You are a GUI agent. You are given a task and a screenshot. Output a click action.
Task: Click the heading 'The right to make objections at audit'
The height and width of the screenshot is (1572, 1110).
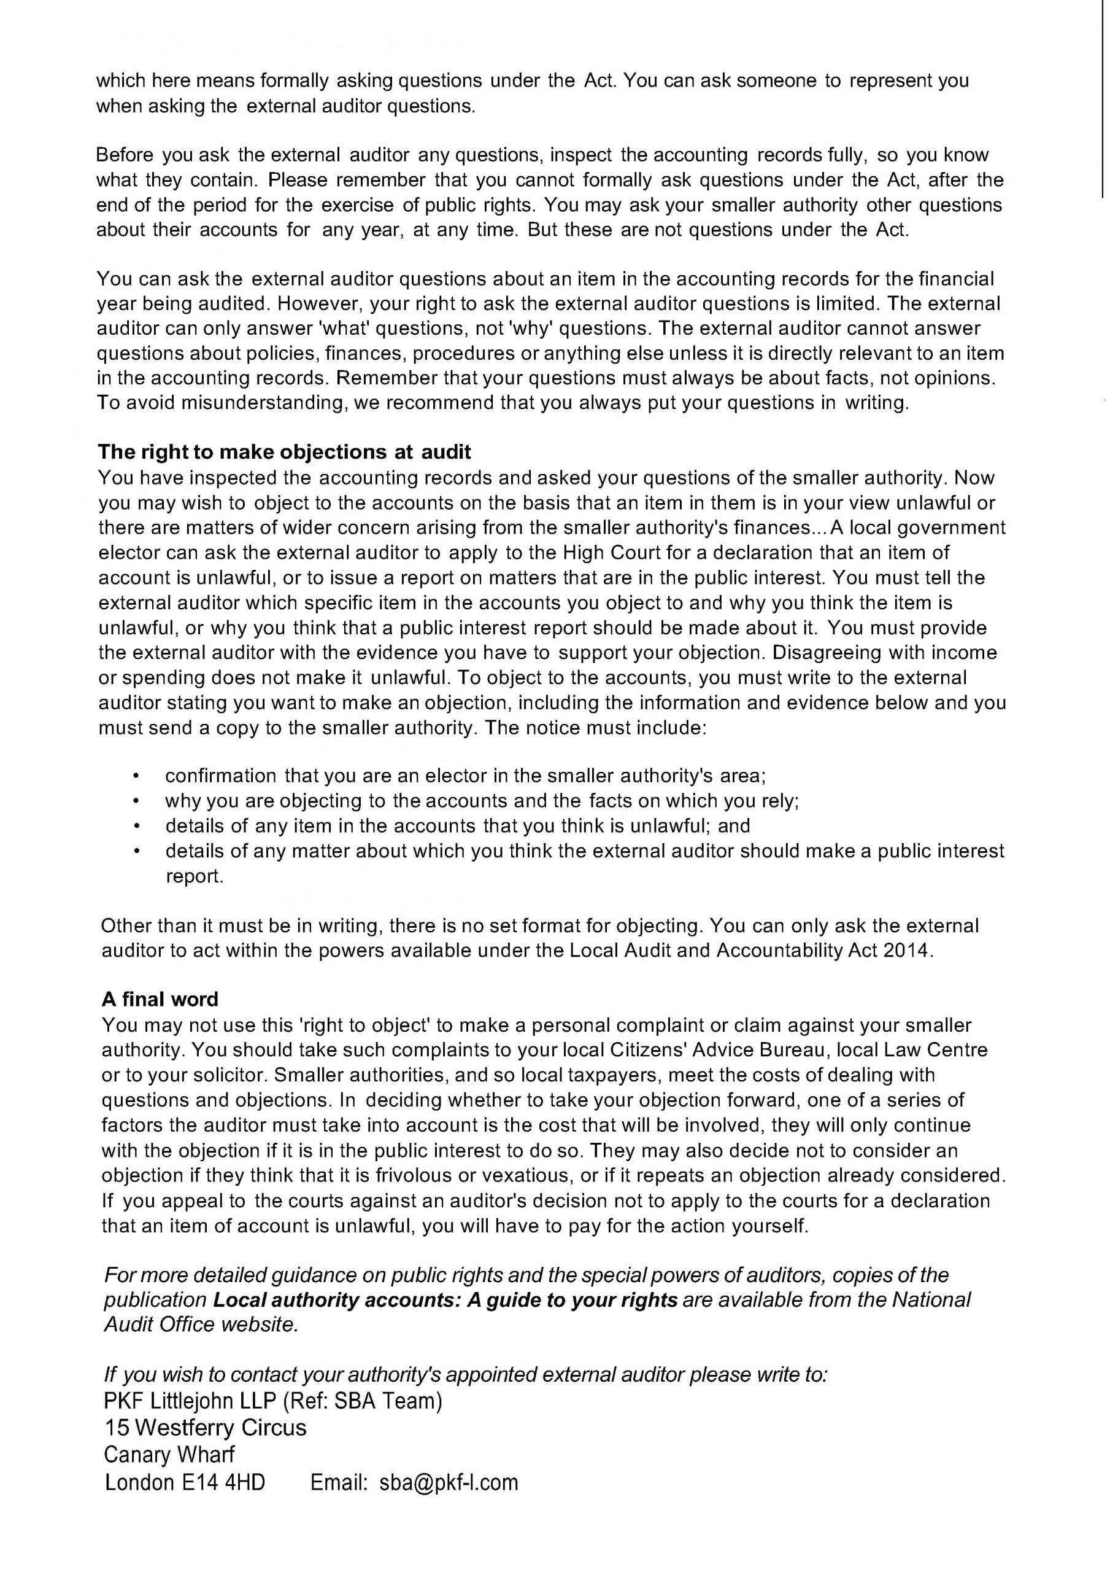tap(284, 452)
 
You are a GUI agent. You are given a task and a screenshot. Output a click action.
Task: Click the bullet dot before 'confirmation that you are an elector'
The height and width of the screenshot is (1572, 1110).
tap(136, 776)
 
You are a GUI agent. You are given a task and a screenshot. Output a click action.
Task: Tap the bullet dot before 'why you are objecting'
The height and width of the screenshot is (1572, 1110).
tap(136, 801)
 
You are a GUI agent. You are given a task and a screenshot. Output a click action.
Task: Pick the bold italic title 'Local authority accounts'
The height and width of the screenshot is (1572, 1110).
tap(337, 1300)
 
